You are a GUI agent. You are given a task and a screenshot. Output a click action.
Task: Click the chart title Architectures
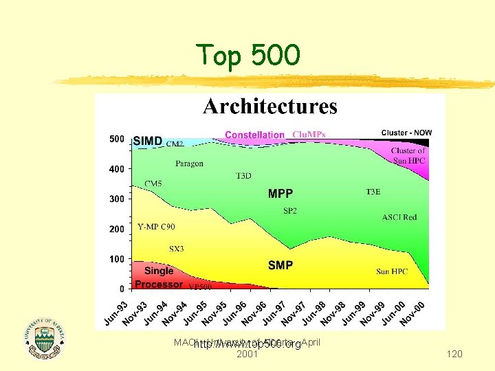[269, 106]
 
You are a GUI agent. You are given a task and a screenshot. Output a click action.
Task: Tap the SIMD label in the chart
[148, 141]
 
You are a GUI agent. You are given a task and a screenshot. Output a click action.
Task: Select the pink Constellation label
[254, 135]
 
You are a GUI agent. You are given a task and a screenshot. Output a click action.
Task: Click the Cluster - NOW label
[407, 132]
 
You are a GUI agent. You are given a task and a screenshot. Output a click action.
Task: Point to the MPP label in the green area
[280, 194]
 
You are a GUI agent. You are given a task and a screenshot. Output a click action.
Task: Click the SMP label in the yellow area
[280, 265]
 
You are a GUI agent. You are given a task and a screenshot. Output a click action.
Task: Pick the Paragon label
[189, 164]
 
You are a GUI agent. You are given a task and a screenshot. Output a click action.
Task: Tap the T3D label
[243, 176]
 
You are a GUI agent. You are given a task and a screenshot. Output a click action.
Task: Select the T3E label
[374, 192]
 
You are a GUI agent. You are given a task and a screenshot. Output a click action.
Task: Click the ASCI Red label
[399, 218]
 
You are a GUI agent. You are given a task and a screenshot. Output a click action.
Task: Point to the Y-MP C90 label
[156, 225]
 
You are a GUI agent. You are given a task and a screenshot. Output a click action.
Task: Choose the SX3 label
[177, 249]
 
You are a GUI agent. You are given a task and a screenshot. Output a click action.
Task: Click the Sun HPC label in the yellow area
[392, 272]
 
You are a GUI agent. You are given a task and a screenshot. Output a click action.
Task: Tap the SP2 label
[290, 210]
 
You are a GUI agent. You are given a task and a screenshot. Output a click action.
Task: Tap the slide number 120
[454, 354]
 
